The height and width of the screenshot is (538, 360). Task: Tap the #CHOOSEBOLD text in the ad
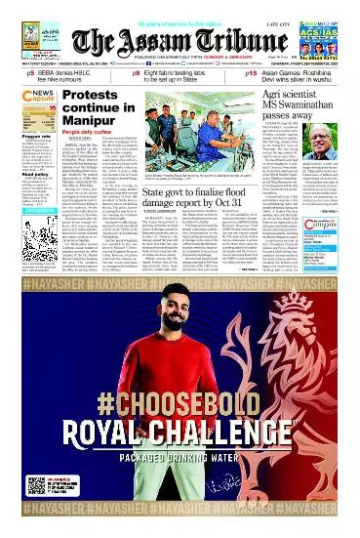pyautogui.click(x=180, y=375)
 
